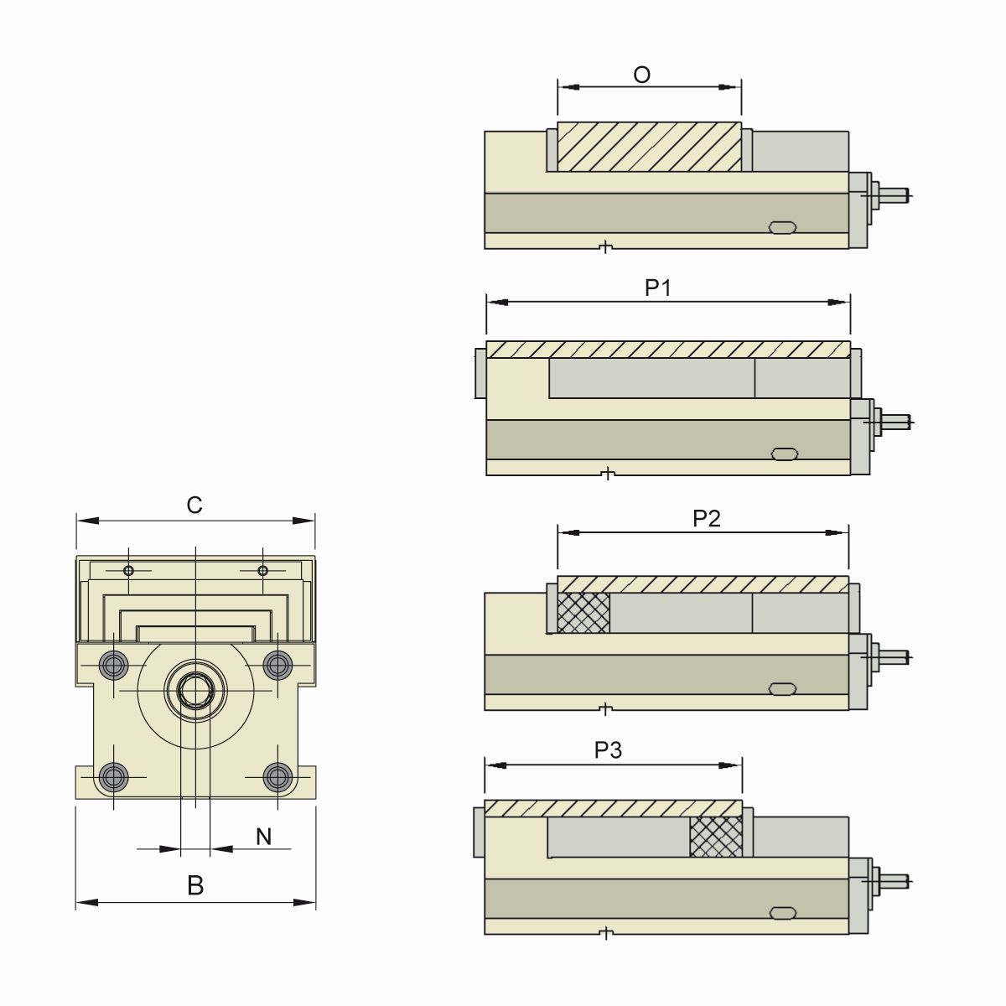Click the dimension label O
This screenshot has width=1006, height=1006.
click(x=641, y=75)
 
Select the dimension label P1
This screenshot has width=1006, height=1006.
click(x=658, y=288)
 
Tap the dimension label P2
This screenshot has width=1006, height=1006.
click(x=707, y=519)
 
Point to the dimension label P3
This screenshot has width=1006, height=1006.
click(x=608, y=750)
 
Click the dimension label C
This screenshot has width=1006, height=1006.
click(x=194, y=506)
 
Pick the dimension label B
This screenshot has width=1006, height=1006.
click(x=195, y=886)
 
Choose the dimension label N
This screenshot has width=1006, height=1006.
click(x=264, y=837)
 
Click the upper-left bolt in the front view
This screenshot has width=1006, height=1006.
click(x=111, y=665)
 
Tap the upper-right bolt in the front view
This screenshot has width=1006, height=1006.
click(x=277, y=665)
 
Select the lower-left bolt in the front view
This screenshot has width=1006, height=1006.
click(x=111, y=777)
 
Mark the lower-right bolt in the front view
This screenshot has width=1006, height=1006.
click(x=277, y=777)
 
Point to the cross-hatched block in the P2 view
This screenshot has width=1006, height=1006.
click(x=583, y=613)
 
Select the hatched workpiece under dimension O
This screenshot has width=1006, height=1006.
click(x=650, y=148)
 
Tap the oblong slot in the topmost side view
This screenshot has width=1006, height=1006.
click(x=783, y=227)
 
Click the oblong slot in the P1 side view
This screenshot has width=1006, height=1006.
click(x=783, y=454)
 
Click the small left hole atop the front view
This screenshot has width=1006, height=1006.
click(x=128, y=571)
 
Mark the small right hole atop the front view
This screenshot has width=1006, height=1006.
click(x=262, y=571)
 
